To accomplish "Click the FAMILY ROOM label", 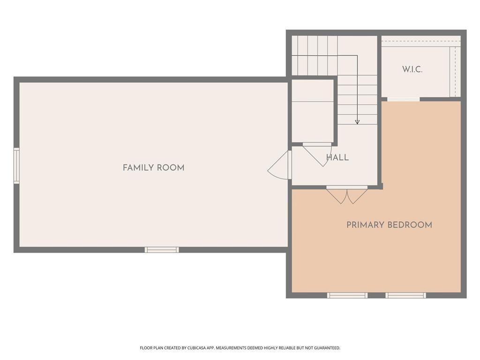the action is point(153,168).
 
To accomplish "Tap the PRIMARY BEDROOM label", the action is point(389,225).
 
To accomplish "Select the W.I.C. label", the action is point(412,69).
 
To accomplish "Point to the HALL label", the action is point(337,157).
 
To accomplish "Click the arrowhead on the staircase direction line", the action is point(357,122).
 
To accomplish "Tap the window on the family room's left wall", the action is point(16,165).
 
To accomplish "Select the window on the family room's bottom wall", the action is point(162,250).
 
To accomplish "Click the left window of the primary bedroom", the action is point(347,295).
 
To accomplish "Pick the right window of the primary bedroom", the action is point(405,295).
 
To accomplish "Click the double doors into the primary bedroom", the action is point(347,195).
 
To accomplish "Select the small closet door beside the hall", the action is point(317,154).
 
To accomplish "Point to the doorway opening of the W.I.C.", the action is point(403,99).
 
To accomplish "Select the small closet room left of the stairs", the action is point(313,111).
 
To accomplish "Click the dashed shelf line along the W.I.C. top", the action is point(421,41).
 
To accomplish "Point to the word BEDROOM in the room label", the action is point(410,225).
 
